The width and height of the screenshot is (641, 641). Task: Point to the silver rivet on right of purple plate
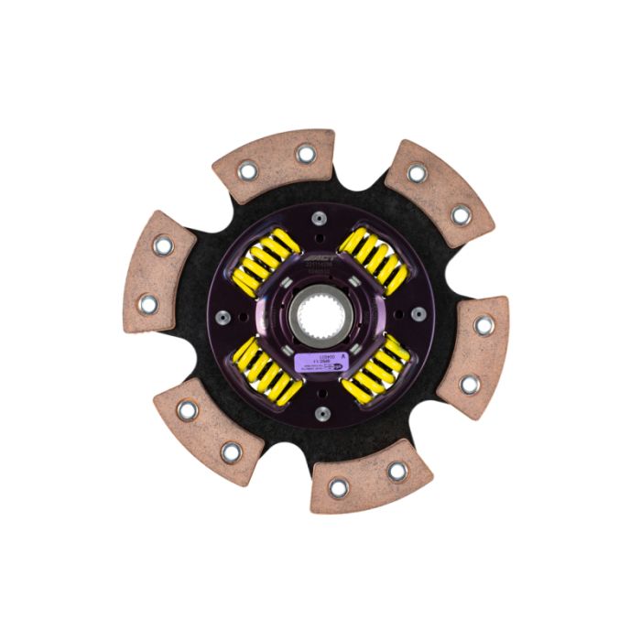point(418,316)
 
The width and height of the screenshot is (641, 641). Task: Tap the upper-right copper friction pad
point(440,193)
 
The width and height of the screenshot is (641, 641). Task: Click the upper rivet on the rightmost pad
point(483,325)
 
